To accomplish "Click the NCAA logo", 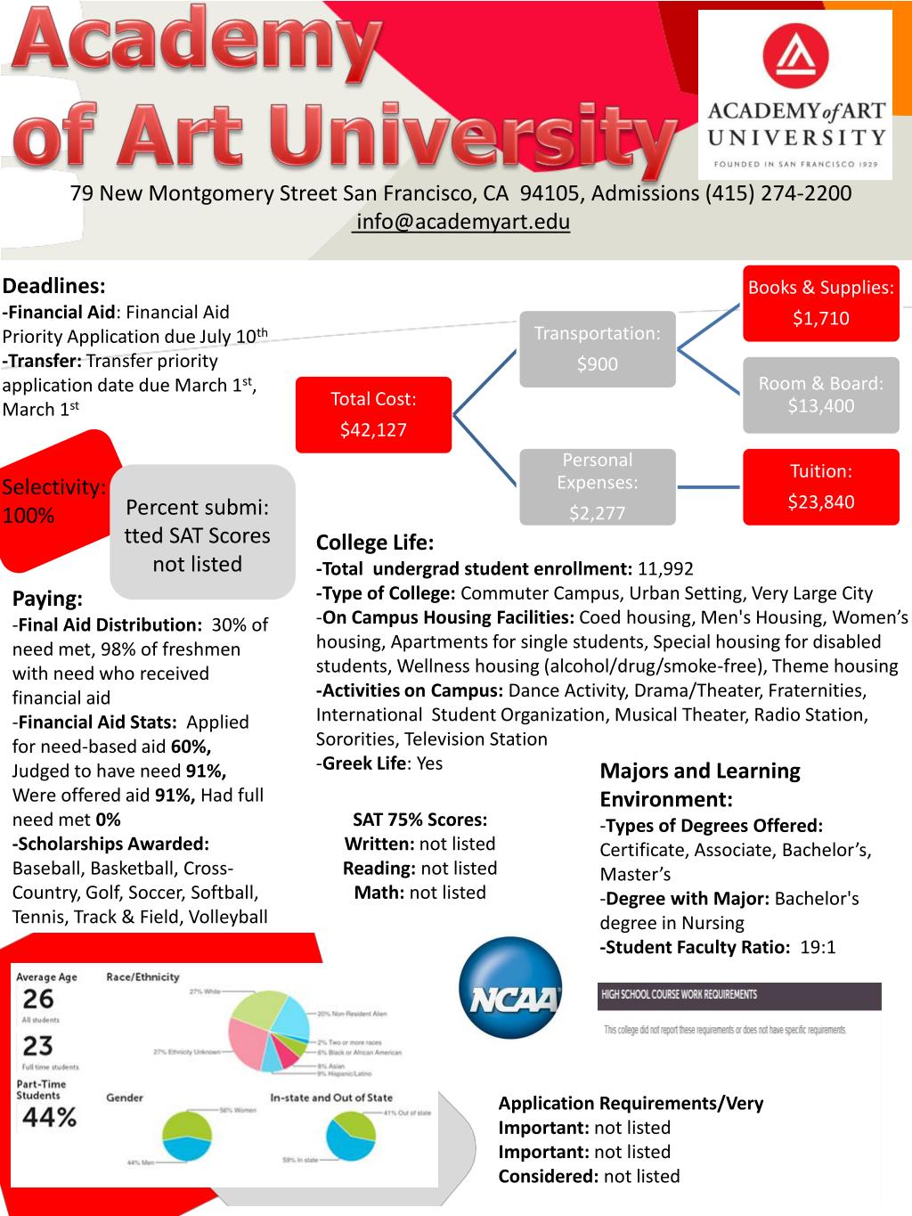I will point(511,987).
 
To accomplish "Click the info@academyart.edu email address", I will point(462,222).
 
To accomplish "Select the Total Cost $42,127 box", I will point(374,414).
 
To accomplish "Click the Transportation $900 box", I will point(597,348).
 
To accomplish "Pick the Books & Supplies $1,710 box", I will point(820,303).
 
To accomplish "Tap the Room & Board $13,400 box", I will point(820,395).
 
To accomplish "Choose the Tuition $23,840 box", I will point(820,486).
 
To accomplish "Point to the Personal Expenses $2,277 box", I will point(597,486).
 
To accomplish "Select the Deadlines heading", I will point(54,286).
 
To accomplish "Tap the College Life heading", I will point(375,543).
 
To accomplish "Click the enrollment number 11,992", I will point(665,569).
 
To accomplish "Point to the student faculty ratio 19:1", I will point(818,947).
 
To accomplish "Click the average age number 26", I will point(38,1000).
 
